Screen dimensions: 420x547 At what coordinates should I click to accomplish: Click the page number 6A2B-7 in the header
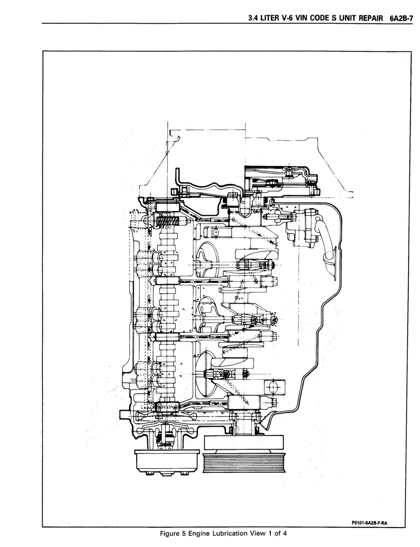click(x=401, y=18)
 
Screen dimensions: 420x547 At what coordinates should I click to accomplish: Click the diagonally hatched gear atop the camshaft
click(x=167, y=222)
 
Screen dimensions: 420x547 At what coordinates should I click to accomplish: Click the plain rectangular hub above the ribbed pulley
click(x=244, y=442)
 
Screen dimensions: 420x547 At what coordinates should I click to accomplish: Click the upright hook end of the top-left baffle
click(x=178, y=179)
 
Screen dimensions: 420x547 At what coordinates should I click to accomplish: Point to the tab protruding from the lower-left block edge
click(x=125, y=414)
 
